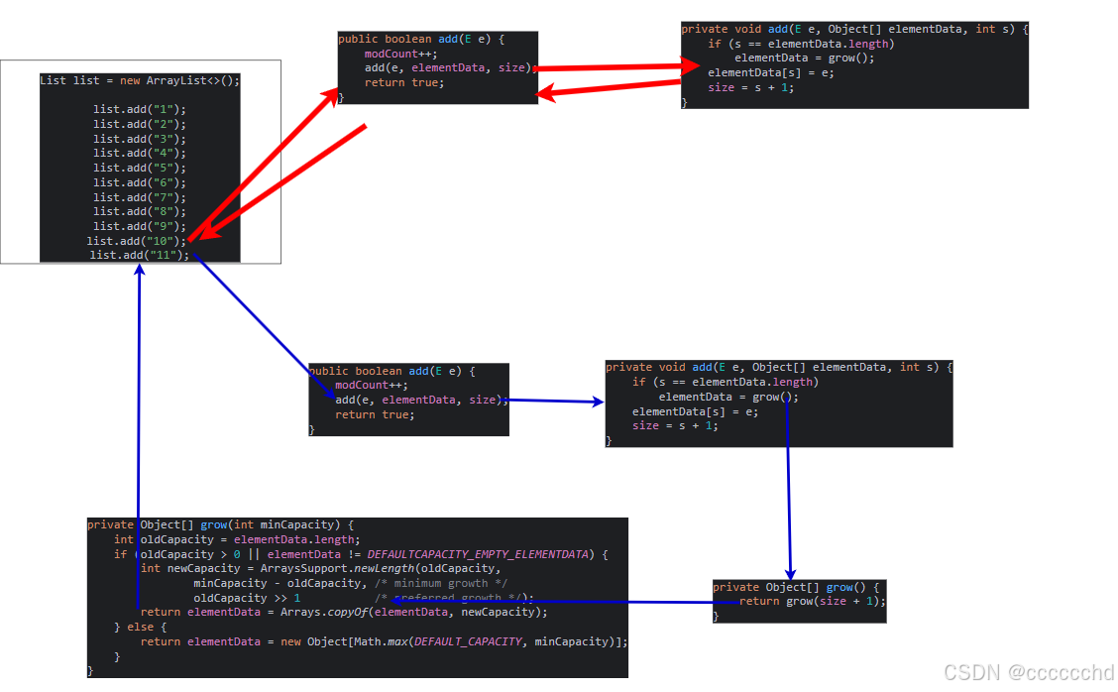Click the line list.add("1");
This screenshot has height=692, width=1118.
(139, 109)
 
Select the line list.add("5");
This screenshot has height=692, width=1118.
(139, 168)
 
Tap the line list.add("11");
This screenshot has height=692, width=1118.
(139, 255)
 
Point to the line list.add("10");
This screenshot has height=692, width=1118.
(137, 241)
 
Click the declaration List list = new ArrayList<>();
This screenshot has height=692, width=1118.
(140, 80)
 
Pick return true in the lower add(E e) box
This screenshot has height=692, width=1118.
(375, 414)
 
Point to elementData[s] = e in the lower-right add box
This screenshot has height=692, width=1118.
(695, 411)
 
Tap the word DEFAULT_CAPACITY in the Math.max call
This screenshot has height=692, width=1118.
(468, 641)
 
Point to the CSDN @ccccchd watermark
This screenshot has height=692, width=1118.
(1028, 672)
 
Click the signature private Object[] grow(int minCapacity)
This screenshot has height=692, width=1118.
(220, 524)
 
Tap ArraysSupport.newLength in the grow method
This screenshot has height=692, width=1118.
(336, 568)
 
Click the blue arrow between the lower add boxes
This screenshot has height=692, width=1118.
(554, 402)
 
